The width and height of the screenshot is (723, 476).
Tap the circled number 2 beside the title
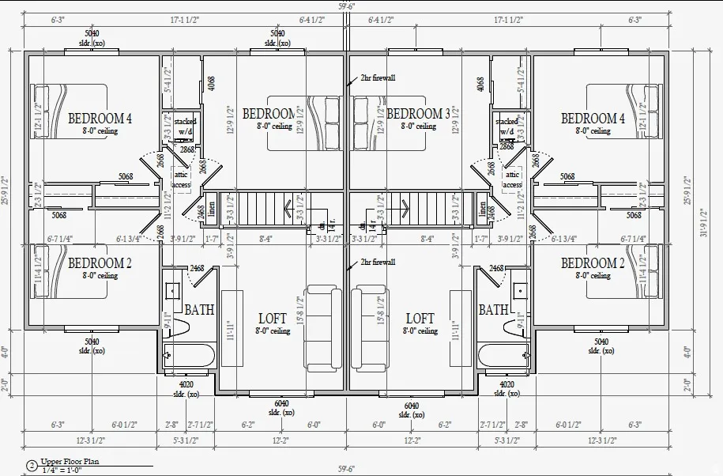[32, 466]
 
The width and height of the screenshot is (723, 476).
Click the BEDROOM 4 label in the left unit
[100, 119]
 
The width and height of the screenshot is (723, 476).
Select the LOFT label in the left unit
[273, 319]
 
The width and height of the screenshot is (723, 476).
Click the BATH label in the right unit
[493, 310]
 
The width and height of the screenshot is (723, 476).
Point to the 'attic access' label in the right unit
[512, 179]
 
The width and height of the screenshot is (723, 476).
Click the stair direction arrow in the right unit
[406, 211]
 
